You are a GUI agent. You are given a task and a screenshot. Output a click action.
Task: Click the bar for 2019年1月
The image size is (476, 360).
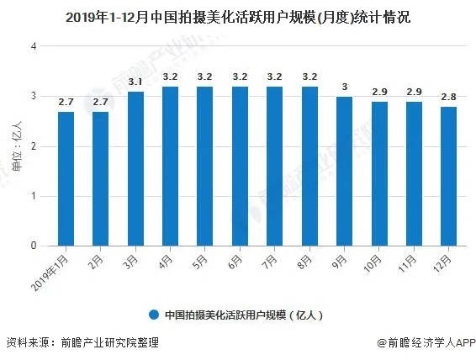point(66,179)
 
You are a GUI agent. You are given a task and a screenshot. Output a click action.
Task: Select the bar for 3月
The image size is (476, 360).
point(135,169)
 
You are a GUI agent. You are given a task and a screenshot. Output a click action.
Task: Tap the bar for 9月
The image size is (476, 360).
point(343,172)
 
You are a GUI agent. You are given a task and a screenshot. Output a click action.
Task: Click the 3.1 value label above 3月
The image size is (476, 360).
point(135,81)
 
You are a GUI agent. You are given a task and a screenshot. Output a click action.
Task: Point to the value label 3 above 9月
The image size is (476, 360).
point(343,87)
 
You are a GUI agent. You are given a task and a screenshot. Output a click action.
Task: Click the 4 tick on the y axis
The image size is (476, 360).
point(34,46)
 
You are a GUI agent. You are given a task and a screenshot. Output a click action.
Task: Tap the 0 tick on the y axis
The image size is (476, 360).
point(34,246)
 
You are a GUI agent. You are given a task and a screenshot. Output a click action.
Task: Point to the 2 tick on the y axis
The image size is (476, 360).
point(34,146)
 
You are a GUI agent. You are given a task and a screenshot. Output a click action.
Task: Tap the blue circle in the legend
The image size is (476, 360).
point(153,315)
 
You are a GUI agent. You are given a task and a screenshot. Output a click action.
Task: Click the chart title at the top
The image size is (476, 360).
point(238,15)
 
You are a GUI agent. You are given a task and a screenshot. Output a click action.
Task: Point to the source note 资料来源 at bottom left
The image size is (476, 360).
point(82,343)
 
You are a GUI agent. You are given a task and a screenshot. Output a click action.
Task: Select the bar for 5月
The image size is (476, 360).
point(204,167)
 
